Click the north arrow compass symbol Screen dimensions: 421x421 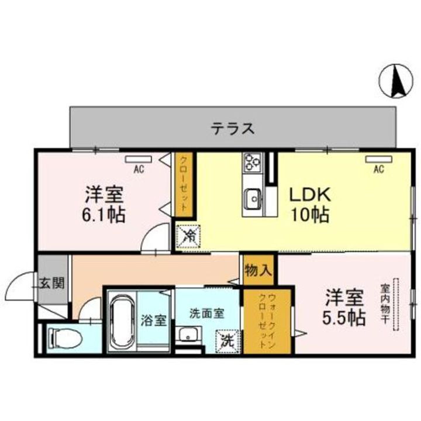pos(395,82)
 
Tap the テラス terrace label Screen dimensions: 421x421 pos(233,128)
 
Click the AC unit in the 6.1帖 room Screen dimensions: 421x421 pos(139,158)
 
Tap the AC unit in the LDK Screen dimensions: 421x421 pos(378,159)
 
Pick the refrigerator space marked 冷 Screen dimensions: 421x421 pos(189,236)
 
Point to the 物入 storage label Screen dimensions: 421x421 pos(258,270)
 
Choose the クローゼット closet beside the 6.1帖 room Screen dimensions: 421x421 pos(184,184)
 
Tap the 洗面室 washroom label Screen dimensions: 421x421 pos(206,313)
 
